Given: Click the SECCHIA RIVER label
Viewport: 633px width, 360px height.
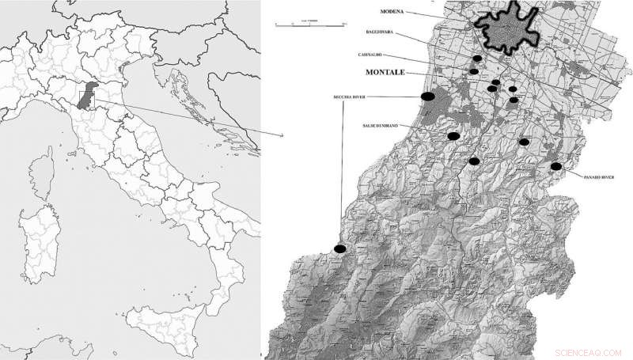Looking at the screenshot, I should point(343,97).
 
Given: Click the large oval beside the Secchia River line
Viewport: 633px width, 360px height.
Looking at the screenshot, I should point(426,97).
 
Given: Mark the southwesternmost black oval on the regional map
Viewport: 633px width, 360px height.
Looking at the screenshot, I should point(339,249).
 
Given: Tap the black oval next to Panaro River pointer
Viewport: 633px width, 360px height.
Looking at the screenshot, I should point(556,167).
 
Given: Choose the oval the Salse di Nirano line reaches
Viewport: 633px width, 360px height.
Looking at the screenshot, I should point(454,136).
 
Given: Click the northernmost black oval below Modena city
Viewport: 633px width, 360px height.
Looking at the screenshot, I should point(477,59).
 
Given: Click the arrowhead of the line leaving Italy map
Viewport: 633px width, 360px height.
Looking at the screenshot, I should point(282,136).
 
